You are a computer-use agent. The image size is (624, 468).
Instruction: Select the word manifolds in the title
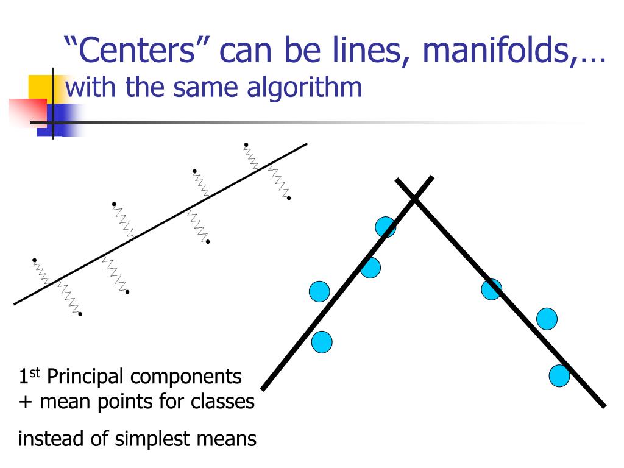click(x=500, y=51)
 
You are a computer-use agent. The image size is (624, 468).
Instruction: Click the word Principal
click(x=85, y=377)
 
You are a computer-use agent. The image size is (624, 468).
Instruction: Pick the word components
click(x=186, y=377)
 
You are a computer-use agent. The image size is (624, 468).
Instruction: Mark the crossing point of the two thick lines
click(x=414, y=197)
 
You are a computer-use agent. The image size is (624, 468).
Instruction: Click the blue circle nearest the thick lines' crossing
click(x=385, y=227)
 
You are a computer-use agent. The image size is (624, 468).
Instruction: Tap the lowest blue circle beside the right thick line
click(x=559, y=376)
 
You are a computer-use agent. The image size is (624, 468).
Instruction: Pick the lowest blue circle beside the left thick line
click(x=322, y=342)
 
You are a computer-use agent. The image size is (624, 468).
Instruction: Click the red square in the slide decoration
click(x=27, y=113)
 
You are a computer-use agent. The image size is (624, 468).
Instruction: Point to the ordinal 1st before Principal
click(x=29, y=377)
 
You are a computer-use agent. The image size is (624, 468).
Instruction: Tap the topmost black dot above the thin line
click(x=246, y=144)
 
